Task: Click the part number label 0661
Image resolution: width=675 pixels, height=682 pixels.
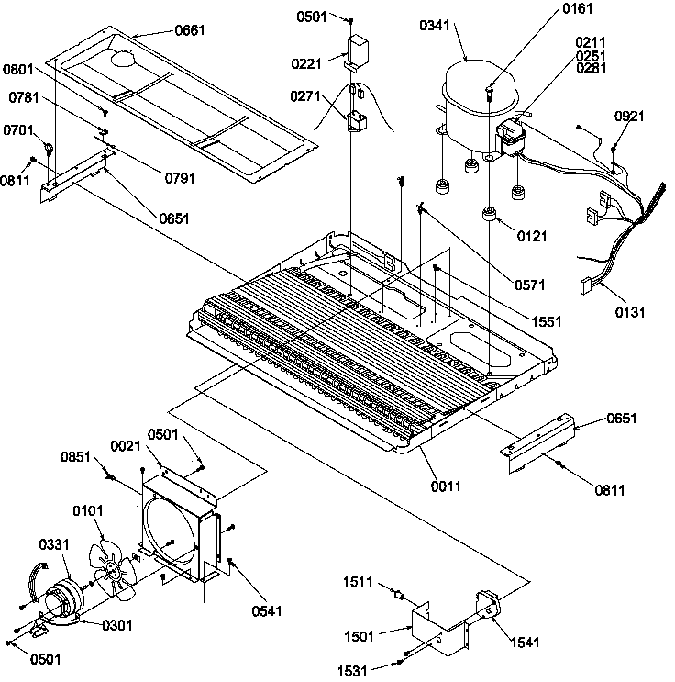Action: click(x=190, y=30)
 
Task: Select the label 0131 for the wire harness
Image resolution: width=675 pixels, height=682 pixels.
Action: click(x=630, y=312)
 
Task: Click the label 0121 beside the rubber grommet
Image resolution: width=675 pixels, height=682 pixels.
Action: click(x=532, y=236)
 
